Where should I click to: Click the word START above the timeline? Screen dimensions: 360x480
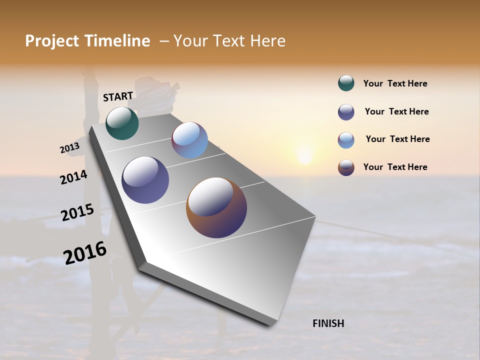click(x=118, y=96)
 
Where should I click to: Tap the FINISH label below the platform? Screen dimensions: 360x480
click(x=328, y=323)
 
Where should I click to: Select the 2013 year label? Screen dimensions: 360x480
click(x=69, y=148)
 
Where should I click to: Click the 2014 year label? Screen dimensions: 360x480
click(x=73, y=177)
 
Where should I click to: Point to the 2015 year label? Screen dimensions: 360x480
click(x=77, y=212)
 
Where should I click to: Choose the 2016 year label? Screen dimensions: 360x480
click(x=85, y=253)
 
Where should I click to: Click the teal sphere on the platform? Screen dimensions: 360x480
click(x=122, y=123)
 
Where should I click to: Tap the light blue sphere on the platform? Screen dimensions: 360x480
click(x=190, y=140)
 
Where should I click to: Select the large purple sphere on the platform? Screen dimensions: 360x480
click(x=145, y=180)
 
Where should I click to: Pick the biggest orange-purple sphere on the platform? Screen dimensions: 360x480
click(x=216, y=207)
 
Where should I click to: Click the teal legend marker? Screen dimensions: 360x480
click(x=346, y=83)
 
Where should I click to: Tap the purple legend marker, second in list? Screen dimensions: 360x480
click(x=346, y=112)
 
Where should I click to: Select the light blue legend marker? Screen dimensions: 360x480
click(x=346, y=140)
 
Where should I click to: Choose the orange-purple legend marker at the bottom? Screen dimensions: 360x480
click(x=346, y=167)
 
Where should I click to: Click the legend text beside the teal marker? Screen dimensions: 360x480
click(x=395, y=84)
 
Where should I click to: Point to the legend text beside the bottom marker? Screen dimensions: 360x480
click(x=395, y=167)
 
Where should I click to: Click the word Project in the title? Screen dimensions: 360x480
click(x=52, y=41)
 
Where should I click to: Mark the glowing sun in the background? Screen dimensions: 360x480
click(x=304, y=156)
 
